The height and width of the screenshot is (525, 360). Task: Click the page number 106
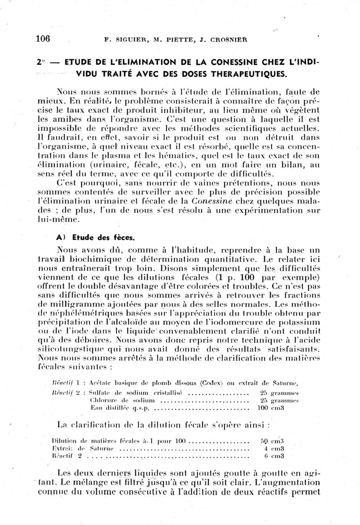[43, 39]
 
